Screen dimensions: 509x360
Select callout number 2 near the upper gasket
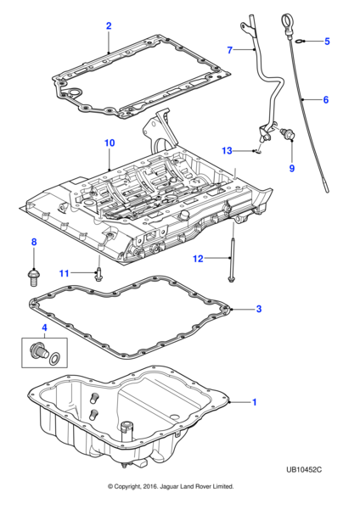(108, 26)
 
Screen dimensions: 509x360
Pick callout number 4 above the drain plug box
(33, 327)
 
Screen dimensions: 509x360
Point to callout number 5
(327, 41)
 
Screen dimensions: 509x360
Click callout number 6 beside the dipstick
(325, 100)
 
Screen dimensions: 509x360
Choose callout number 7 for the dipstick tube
(229, 51)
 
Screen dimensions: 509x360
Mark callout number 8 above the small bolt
(34, 243)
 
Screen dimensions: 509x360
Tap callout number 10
(109, 143)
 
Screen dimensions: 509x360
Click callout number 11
(64, 272)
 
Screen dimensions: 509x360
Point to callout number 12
(197, 258)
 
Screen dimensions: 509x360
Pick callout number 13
(227, 151)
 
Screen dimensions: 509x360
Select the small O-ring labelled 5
(301, 41)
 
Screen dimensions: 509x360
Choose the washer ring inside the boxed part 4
(56, 358)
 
